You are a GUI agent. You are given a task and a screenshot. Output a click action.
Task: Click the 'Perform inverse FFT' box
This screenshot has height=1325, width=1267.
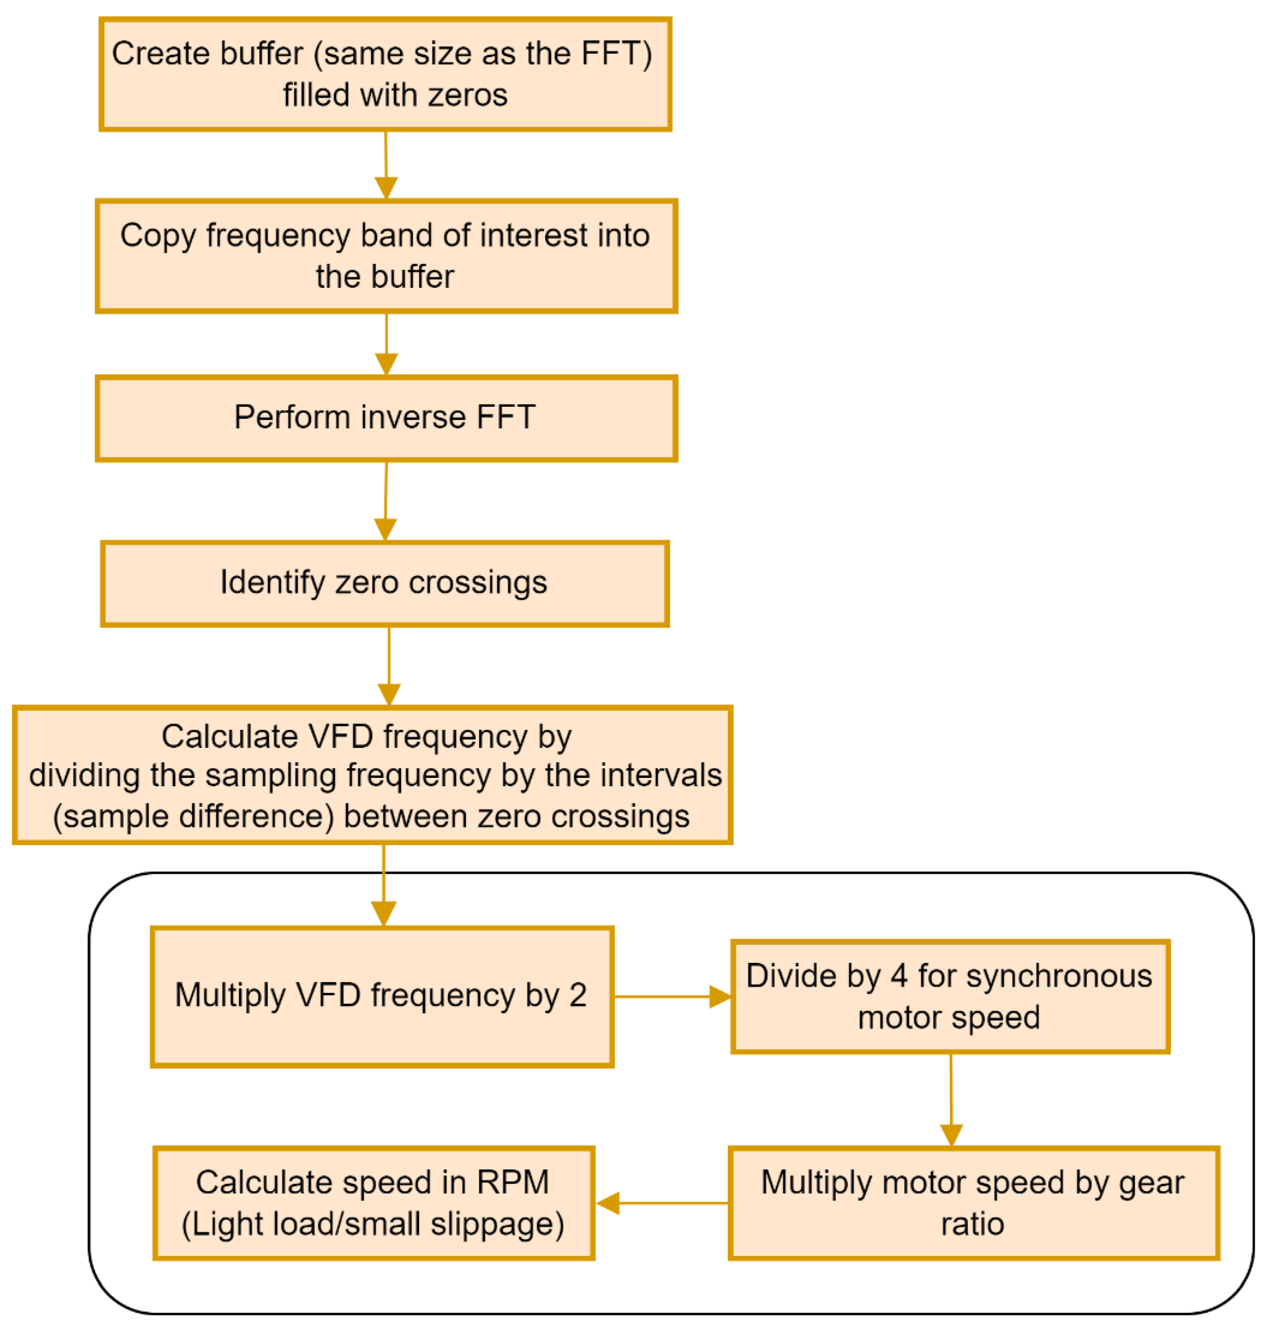pyautogui.click(x=386, y=418)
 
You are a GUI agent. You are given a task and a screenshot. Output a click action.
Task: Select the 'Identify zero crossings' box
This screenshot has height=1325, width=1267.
pyautogui.click(x=384, y=584)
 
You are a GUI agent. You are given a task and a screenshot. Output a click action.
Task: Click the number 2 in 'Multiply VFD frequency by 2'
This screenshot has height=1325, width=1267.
pyautogui.click(x=577, y=995)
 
